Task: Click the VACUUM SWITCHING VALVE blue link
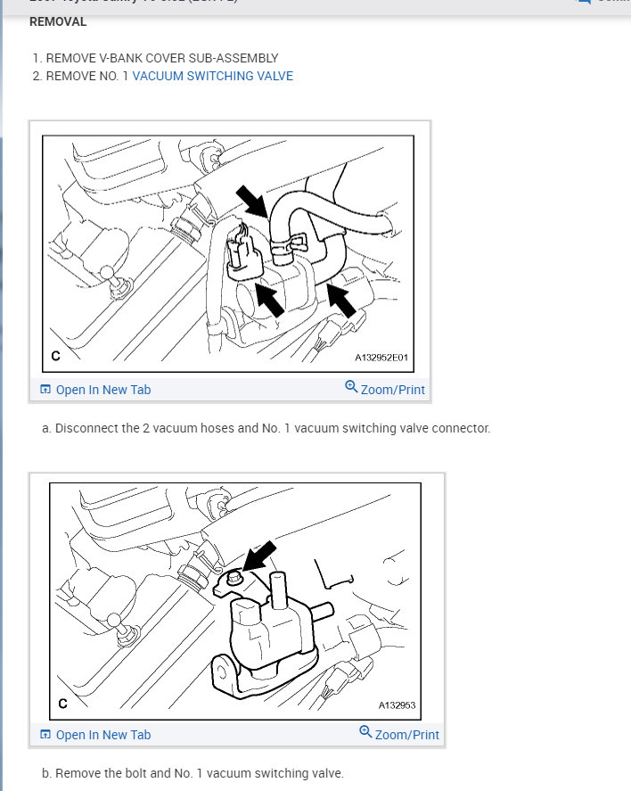click(x=212, y=76)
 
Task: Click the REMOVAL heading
click(x=59, y=21)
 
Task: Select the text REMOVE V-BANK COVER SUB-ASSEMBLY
click(x=161, y=58)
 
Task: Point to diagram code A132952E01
click(x=381, y=358)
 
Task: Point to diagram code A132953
click(x=397, y=704)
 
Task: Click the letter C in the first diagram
click(x=55, y=357)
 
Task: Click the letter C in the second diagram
click(x=62, y=704)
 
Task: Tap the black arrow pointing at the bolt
click(x=258, y=556)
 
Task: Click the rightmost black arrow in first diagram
click(x=341, y=301)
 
